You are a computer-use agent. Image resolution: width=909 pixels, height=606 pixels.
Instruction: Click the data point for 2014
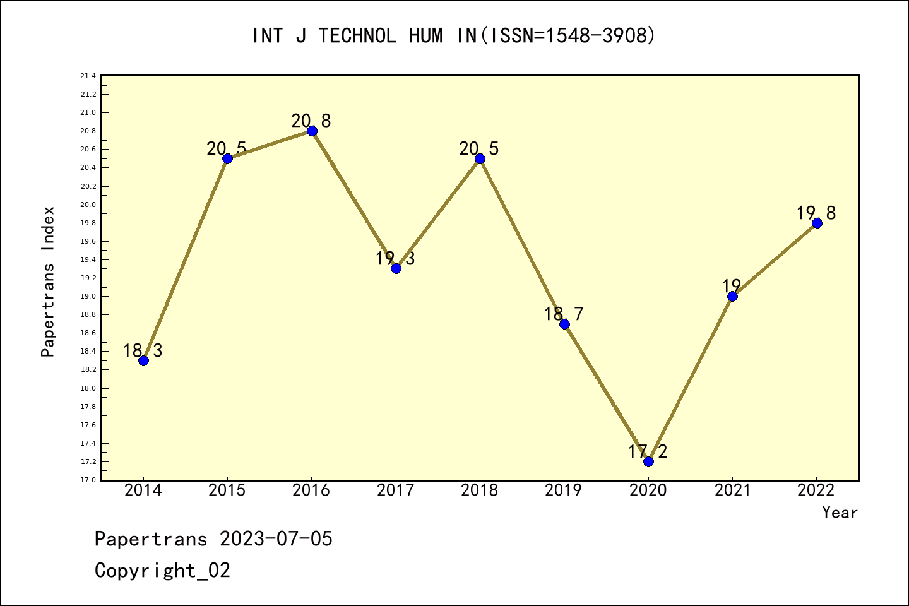click(143, 360)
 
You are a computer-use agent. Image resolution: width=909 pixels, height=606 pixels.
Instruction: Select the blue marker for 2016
click(312, 131)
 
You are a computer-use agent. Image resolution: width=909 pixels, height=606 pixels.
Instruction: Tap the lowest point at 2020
click(648, 461)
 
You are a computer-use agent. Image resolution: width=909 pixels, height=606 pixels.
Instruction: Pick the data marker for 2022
click(817, 223)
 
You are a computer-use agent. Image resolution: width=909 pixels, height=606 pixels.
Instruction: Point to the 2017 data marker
click(396, 268)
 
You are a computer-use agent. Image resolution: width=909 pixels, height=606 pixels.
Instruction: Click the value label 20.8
click(311, 121)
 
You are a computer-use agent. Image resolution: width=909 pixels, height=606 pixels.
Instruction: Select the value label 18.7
click(564, 314)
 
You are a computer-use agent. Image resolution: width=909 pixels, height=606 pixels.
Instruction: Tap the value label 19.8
click(816, 213)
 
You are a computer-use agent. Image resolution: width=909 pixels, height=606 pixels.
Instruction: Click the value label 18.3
click(143, 350)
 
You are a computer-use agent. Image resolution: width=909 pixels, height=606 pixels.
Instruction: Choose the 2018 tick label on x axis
click(480, 490)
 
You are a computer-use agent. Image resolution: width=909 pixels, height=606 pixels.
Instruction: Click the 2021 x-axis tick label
click(732, 490)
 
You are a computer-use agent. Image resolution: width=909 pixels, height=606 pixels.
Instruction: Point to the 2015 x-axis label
click(227, 490)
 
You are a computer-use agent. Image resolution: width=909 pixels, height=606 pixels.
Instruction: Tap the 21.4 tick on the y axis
click(88, 76)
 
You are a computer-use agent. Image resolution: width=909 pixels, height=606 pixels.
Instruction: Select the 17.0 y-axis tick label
click(88, 480)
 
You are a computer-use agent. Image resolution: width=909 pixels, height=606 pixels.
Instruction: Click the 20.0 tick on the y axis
click(88, 205)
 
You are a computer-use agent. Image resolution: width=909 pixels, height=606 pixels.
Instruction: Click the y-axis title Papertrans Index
click(48, 282)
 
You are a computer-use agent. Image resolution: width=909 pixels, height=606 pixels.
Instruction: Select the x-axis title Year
click(840, 513)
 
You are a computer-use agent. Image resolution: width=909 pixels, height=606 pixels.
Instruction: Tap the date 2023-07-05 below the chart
click(276, 539)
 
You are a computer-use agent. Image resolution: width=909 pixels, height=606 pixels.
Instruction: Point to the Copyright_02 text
click(162, 571)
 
